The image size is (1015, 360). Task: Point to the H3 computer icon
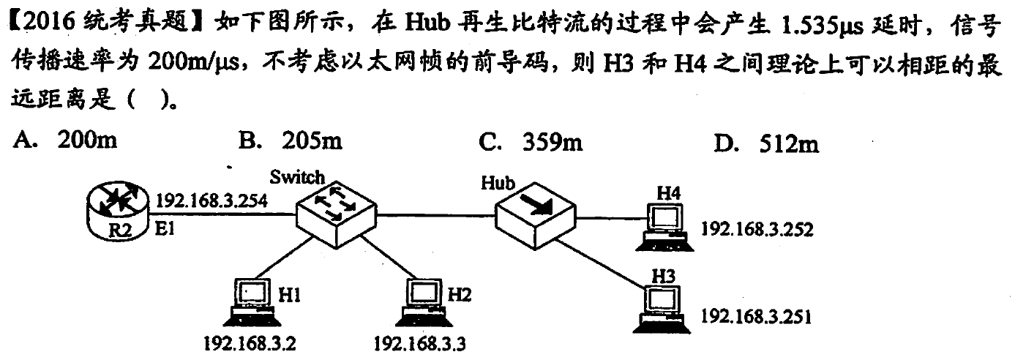[663, 307]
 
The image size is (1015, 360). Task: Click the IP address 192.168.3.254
[212, 199]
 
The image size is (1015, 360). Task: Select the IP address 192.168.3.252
[757, 229]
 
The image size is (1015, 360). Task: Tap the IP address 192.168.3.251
[757, 317]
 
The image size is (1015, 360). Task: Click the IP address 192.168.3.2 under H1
[250, 342]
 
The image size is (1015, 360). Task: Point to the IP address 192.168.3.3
[419, 342]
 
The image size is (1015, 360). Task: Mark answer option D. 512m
[766, 145]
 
